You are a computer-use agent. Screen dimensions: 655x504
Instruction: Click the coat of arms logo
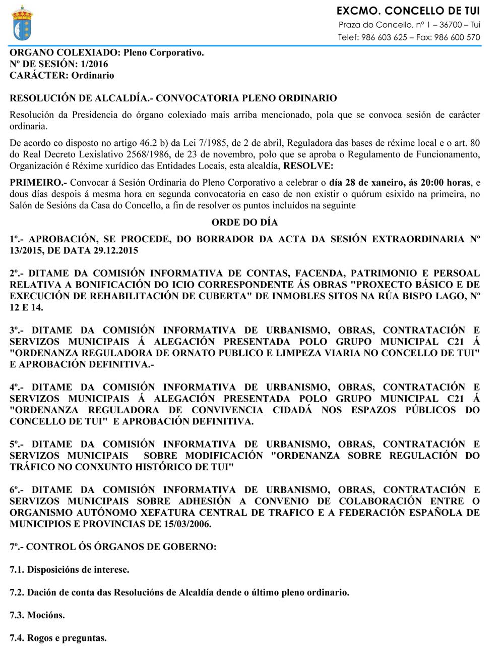[x=21, y=23]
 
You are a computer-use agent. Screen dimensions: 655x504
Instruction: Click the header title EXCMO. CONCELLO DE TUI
[x=408, y=11]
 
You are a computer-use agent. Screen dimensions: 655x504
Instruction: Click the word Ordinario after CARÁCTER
[x=93, y=76]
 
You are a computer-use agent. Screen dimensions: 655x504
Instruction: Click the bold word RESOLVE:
[x=308, y=166]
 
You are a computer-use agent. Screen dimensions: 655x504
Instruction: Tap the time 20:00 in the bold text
[x=432, y=183]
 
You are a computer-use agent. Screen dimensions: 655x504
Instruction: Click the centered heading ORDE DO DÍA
[x=244, y=223]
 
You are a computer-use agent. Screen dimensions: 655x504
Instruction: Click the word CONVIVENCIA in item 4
[x=227, y=410]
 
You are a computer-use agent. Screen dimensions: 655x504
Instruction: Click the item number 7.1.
[x=17, y=570]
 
